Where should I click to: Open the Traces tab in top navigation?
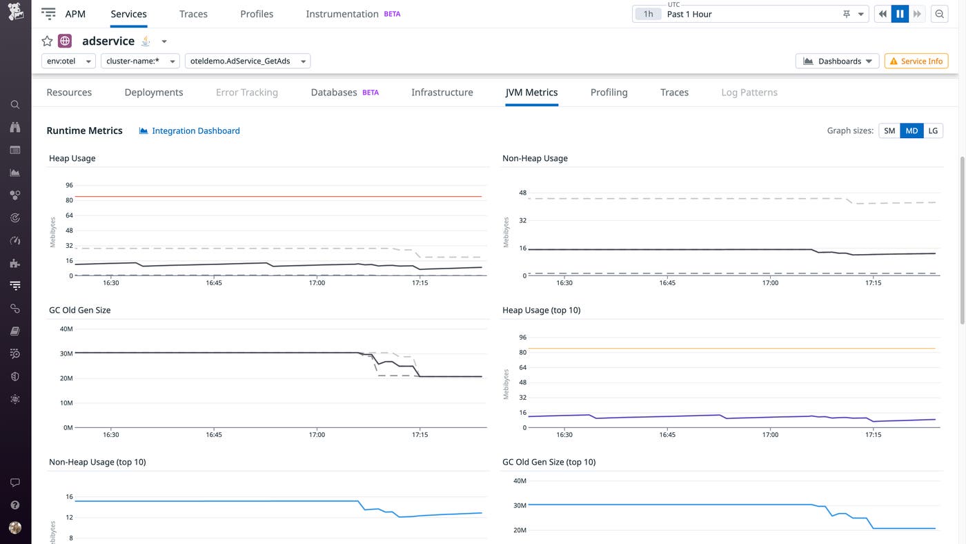tap(193, 14)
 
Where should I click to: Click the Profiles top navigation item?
tap(257, 14)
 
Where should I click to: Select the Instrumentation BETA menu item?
tap(353, 14)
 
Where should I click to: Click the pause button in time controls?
tap(900, 14)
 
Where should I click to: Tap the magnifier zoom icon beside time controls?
tap(939, 14)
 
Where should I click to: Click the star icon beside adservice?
tap(47, 41)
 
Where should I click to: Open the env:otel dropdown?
tap(68, 61)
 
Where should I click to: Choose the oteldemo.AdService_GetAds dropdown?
tap(247, 61)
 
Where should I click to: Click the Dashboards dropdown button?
tap(837, 61)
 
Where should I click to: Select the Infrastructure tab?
tap(442, 93)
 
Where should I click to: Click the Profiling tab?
tap(609, 93)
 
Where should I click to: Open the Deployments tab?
tap(153, 93)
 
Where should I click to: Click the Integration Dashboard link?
tap(195, 130)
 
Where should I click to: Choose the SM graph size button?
tap(889, 130)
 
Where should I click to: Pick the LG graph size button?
tap(933, 130)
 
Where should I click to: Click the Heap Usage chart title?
tap(72, 158)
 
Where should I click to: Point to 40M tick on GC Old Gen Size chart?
tap(66, 329)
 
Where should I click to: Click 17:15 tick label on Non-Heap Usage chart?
tap(873, 283)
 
